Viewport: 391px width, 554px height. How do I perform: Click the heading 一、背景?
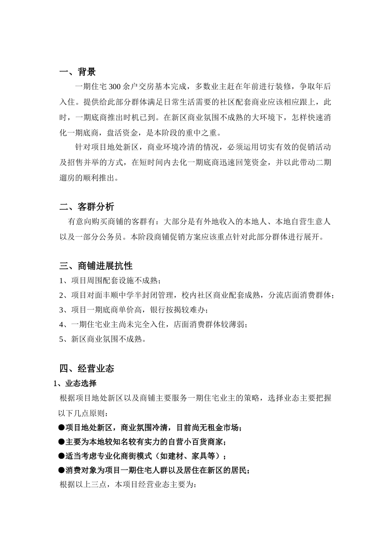tap(77, 72)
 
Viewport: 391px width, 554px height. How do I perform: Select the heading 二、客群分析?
tap(86, 207)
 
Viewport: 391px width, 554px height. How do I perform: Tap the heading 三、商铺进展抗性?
tap(95, 266)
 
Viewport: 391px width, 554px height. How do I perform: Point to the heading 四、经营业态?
tap(86, 368)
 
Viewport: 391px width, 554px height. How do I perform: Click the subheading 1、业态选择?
tap(75, 383)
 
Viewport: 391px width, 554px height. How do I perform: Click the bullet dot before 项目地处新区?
tap(62, 428)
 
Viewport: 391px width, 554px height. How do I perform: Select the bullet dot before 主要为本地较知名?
tap(62, 442)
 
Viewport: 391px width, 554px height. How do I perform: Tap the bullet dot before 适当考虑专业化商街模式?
tap(62, 456)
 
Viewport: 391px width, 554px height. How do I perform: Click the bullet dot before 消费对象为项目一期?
tap(62, 470)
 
